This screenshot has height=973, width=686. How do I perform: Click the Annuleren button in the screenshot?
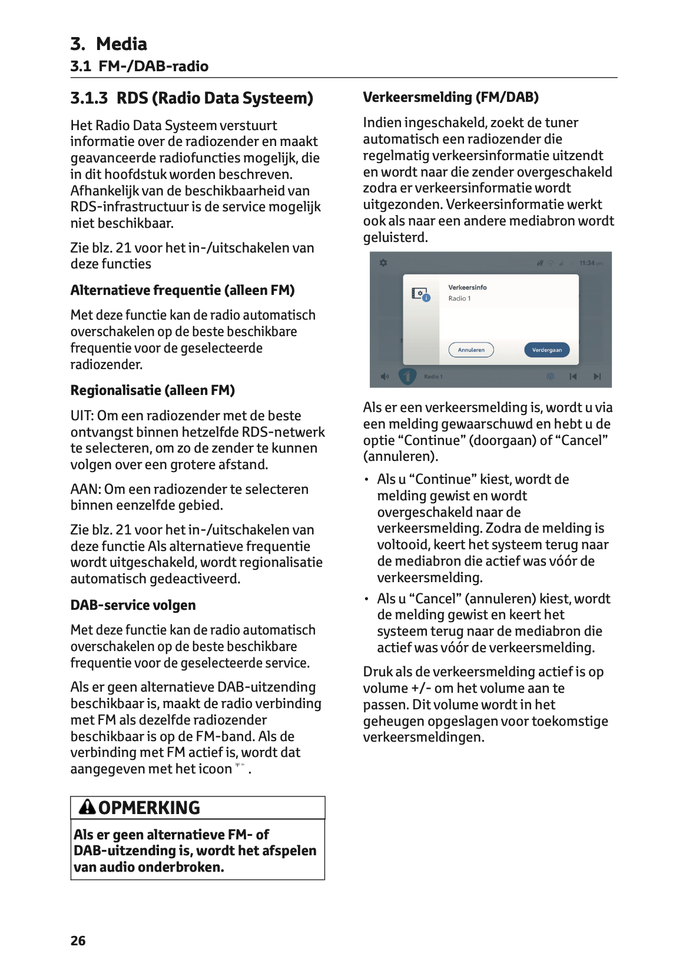471,350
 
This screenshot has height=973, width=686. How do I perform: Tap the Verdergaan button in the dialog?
546,350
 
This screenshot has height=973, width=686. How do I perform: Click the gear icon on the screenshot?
383,263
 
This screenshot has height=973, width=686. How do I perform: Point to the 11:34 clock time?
587,263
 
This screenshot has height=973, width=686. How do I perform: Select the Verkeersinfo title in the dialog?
468,287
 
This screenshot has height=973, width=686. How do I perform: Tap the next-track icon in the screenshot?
597,377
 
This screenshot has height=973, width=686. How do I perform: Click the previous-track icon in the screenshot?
572,377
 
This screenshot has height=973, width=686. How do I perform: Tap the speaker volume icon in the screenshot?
385,377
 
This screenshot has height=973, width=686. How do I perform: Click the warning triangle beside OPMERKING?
87,806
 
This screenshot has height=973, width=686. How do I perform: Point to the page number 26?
78,941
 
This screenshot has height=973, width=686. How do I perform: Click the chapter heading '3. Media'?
108,44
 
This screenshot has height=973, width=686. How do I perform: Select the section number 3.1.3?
89,98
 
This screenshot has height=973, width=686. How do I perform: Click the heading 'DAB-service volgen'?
133,605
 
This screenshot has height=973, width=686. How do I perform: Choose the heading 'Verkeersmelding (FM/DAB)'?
451,97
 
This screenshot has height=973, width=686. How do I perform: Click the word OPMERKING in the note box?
149,808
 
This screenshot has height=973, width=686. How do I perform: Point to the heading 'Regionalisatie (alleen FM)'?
153,390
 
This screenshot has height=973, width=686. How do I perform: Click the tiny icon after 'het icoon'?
240,765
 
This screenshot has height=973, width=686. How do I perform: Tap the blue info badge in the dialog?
427,298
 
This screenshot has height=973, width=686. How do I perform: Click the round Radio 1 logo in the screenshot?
407,376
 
